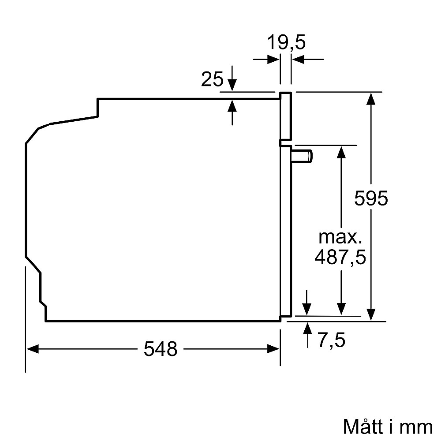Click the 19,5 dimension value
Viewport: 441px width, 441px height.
(286, 43)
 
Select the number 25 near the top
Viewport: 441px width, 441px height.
(212, 79)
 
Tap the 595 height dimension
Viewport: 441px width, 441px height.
(371, 198)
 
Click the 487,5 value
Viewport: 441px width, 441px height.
(340, 257)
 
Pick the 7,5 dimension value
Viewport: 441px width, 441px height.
(330, 340)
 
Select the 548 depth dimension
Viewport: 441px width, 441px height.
(161, 349)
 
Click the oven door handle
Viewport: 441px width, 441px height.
(303, 156)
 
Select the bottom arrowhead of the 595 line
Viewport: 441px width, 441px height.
(372, 314)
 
